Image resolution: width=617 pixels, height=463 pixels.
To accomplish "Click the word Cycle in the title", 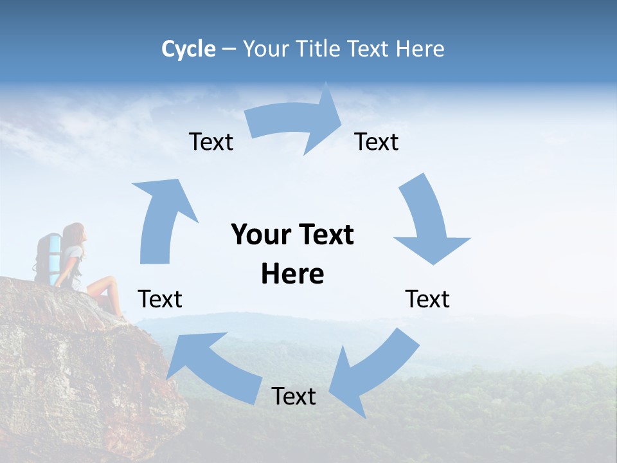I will (188, 49).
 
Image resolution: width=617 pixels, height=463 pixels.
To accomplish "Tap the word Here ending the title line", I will (420, 49).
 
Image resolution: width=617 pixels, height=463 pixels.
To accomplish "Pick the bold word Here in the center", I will (292, 275).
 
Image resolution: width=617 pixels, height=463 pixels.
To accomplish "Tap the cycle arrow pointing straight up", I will (161, 219).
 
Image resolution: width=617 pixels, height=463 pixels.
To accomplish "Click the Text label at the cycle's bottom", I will (293, 396).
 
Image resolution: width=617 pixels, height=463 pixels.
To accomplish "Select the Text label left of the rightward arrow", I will (211, 141).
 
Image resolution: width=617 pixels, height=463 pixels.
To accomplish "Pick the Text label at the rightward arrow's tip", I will (377, 141).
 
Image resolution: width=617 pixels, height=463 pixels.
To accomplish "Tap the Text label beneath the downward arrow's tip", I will (427, 299).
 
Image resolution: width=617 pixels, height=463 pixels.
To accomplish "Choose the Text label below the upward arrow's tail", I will (160, 299).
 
